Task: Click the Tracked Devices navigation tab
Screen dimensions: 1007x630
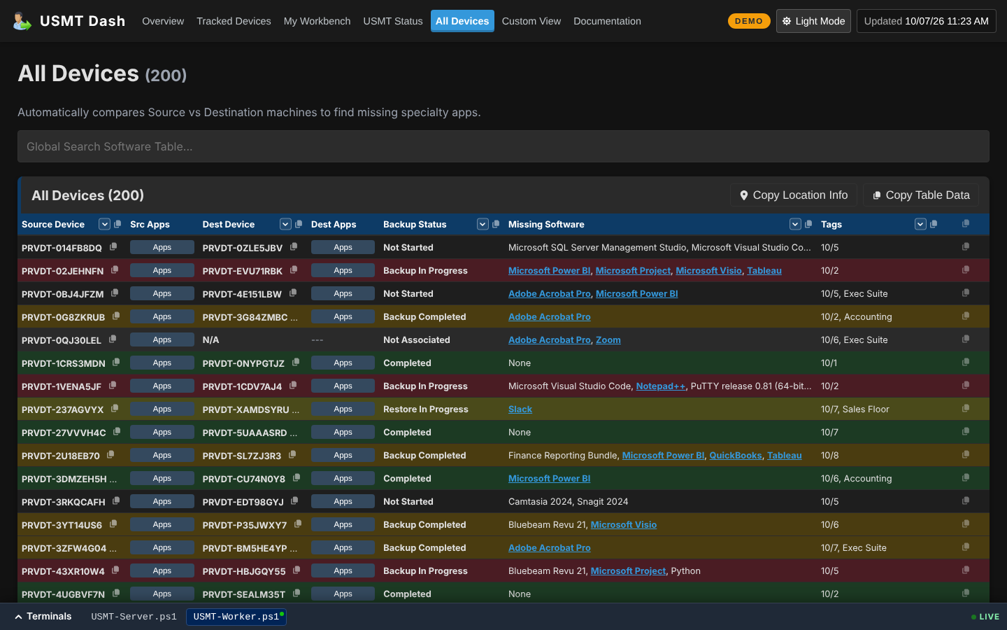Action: (x=234, y=21)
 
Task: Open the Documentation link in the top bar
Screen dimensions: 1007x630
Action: (x=607, y=21)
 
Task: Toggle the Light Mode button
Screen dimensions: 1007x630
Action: (x=813, y=21)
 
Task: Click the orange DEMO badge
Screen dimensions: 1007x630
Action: (x=748, y=21)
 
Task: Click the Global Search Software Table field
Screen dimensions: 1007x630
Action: (x=503, y=146)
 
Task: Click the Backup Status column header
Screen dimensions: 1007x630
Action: (x=415, y=224)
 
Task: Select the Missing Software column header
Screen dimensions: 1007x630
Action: (x=545, y=224)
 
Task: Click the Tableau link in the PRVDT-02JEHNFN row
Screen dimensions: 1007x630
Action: (x=764, y=270)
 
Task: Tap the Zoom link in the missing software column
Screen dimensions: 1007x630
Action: (x=608, y=339)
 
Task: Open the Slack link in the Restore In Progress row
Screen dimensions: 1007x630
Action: (x=520, y=409)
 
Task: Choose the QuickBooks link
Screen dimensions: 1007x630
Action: (x=735, y=456)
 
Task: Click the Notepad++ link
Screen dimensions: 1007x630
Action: (x=660, y=386)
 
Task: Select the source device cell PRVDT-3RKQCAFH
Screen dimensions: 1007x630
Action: (x=63, y=502)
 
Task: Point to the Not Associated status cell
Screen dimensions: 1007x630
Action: (x=416, y=339)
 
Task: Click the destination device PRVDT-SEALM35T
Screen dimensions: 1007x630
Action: (x=243, y=594)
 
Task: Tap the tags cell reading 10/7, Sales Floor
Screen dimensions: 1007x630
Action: (x=855, y=409)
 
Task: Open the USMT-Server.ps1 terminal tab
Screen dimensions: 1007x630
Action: (x=134, y=617)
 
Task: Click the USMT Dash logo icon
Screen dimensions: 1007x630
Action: (x=22, y=21)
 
